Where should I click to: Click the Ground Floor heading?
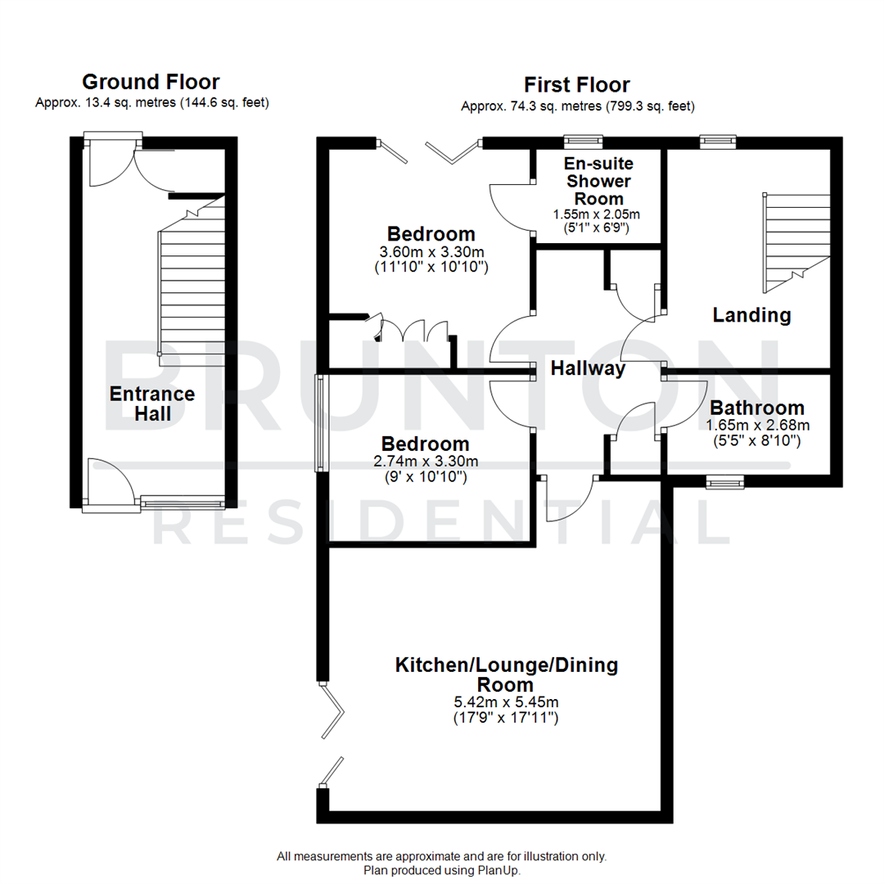point(151,82)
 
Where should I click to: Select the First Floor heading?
point(577,85)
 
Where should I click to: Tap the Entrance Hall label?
point(152,404)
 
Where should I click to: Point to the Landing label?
point(751,314)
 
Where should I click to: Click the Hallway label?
point(588,369)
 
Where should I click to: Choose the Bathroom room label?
point(756,408)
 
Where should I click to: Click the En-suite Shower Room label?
point(593,181)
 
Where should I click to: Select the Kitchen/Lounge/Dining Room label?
point(506,674)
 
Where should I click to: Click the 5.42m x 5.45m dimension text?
point(506,702)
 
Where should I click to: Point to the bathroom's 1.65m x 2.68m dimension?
point(757,426)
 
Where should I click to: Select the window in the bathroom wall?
point(725,483)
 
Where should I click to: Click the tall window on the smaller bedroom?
point(320,423)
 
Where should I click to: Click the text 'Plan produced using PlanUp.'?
point(442,870)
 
